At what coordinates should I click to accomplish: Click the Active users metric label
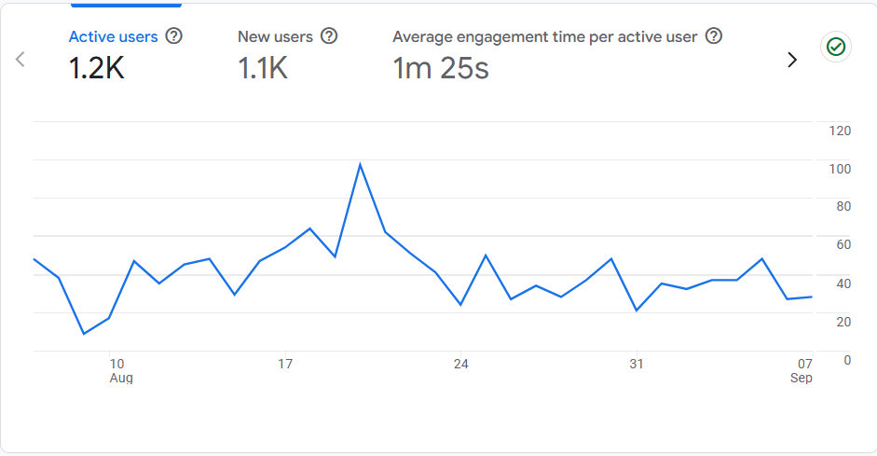(x=114, y=37)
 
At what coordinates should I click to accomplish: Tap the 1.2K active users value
(x=97, y=68)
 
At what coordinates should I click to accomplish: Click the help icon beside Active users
(x=173, y=36)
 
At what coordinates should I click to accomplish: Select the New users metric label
(x=275, y=37)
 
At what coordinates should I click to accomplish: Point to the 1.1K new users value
(x=263, y=68)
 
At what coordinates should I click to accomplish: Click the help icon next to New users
(x=329, y=36)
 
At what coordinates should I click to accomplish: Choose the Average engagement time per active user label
(x=545, y=37)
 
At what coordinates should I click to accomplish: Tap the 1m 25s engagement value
(x=441, y=68)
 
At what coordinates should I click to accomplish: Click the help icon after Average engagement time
(x=714, y=36)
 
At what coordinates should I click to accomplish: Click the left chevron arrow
(x=21, y=60)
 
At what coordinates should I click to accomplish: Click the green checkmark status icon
(x=836, y=47)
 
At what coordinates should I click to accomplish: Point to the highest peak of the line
(x=360, y=164)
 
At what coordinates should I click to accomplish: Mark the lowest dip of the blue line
(x=84, y=334)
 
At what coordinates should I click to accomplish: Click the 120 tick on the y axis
(x=840, y=131)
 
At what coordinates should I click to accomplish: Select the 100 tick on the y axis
(x=840, y=169)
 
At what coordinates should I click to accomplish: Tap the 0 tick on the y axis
(x=846, y=360)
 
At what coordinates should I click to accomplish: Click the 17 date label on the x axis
(x=285, y=364)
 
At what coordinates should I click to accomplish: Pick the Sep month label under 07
(x=802, y=378)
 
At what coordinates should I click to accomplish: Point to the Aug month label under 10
(x=121, y=378)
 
